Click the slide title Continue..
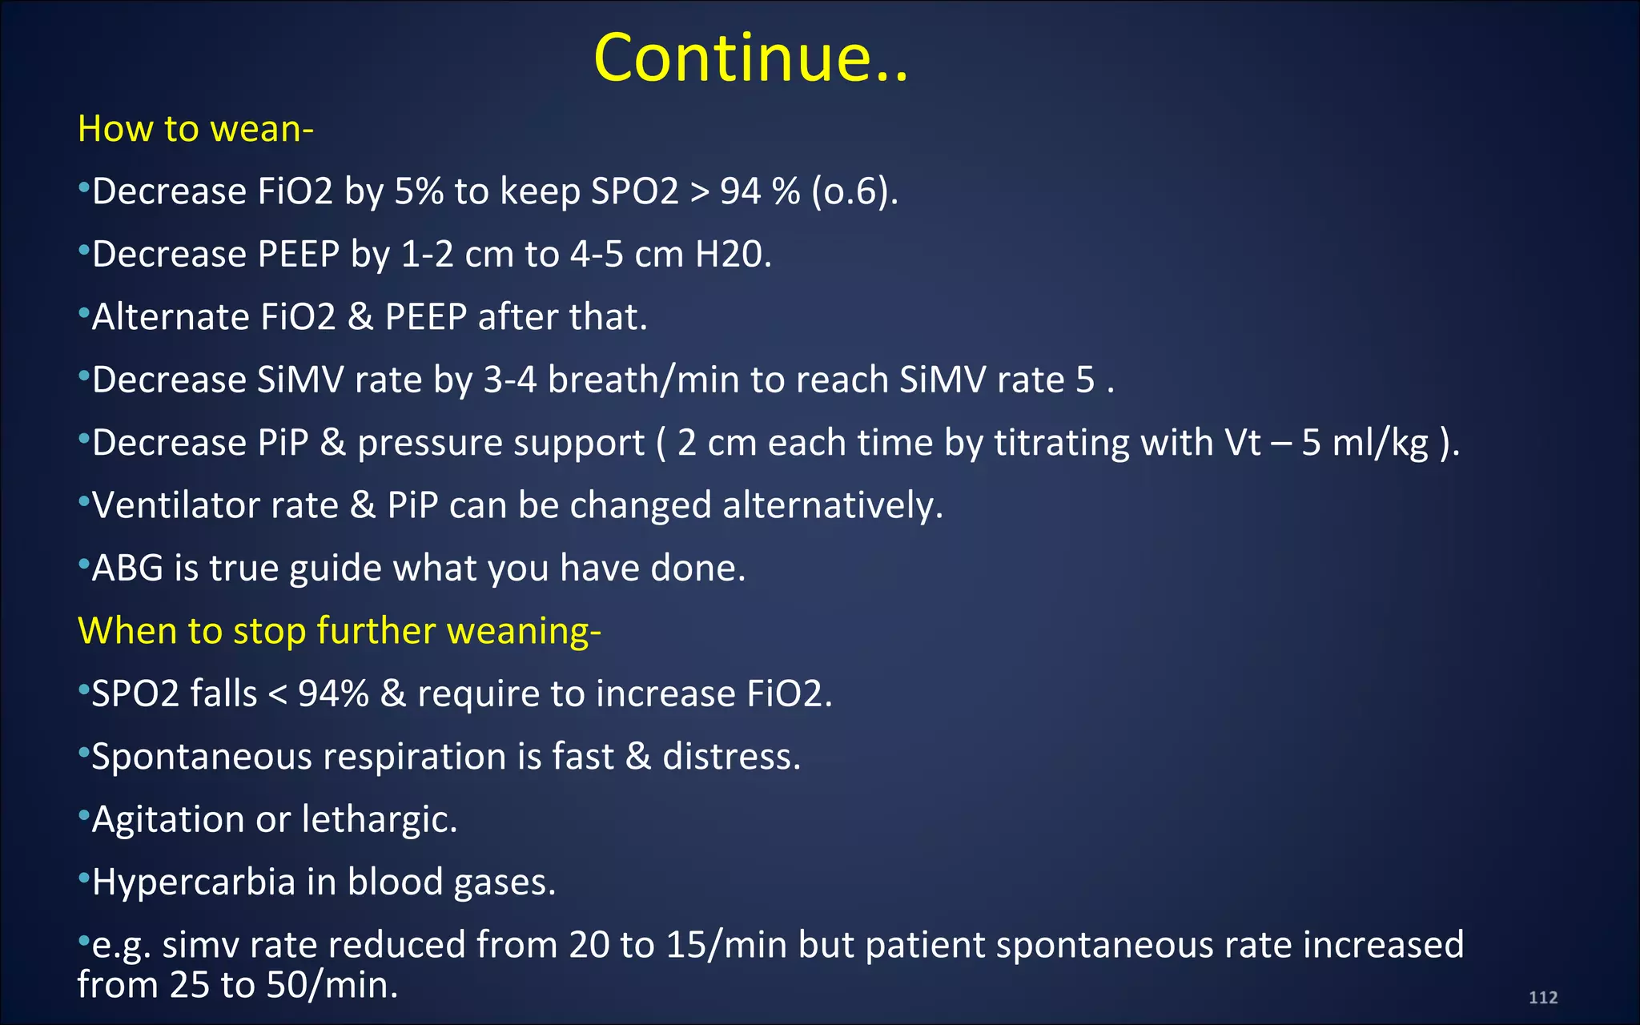tap(750, 58)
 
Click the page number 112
tap(1542, 997)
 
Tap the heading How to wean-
tap(195, 129)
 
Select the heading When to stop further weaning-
tap(339, 630)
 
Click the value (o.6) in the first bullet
tap(854, 192)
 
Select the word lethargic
tap(379, 819)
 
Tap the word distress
tap(731, 757)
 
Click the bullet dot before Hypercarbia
tap(83, 878)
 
